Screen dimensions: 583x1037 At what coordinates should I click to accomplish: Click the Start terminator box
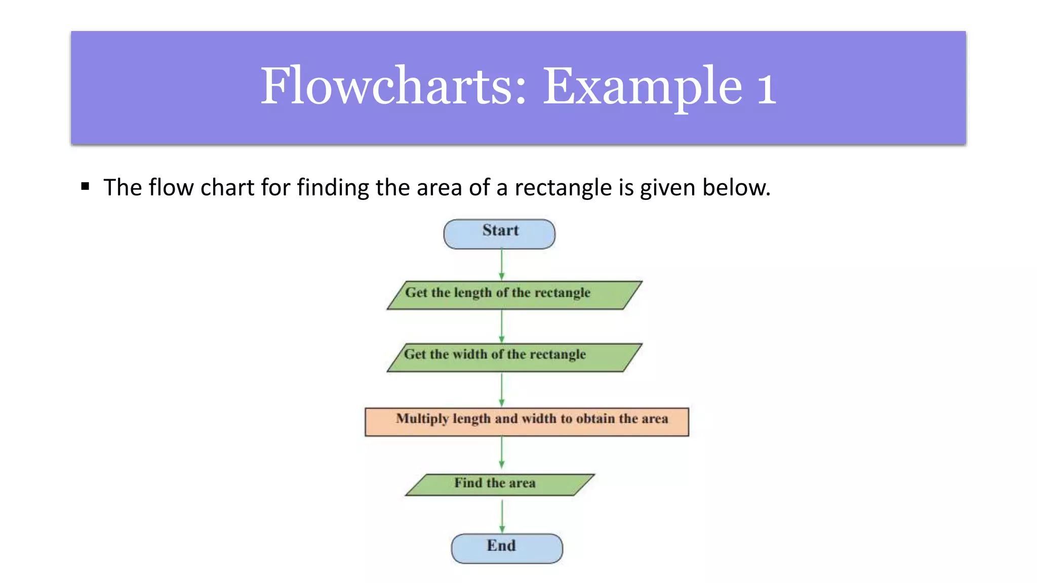[x=499, y=234]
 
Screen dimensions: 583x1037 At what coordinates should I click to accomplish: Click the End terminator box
[x=507, y=548]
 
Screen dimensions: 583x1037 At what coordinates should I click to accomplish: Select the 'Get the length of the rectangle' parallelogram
[x=514, y=295]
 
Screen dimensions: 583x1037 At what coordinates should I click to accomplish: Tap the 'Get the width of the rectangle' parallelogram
[x=514, y=357]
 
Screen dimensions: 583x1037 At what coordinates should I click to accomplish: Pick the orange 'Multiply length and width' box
[x=527, y=422]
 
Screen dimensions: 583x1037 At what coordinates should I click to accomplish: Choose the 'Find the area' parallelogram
[x=500, y=484]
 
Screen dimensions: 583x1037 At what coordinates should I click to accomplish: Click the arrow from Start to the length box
[x=502, y=264]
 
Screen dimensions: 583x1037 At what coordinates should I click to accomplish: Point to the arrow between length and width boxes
[x=502, y=326]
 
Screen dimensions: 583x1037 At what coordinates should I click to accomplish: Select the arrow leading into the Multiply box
[x=502, y=390]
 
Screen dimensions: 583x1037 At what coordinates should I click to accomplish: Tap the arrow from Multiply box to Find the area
[x=502, y=452]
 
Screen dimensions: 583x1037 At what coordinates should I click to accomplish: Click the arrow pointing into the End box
[x=502, y=516]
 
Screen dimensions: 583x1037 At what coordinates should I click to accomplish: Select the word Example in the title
[x=642, y=87]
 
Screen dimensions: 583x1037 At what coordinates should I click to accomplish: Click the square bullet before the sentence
[x=85, y=186]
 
